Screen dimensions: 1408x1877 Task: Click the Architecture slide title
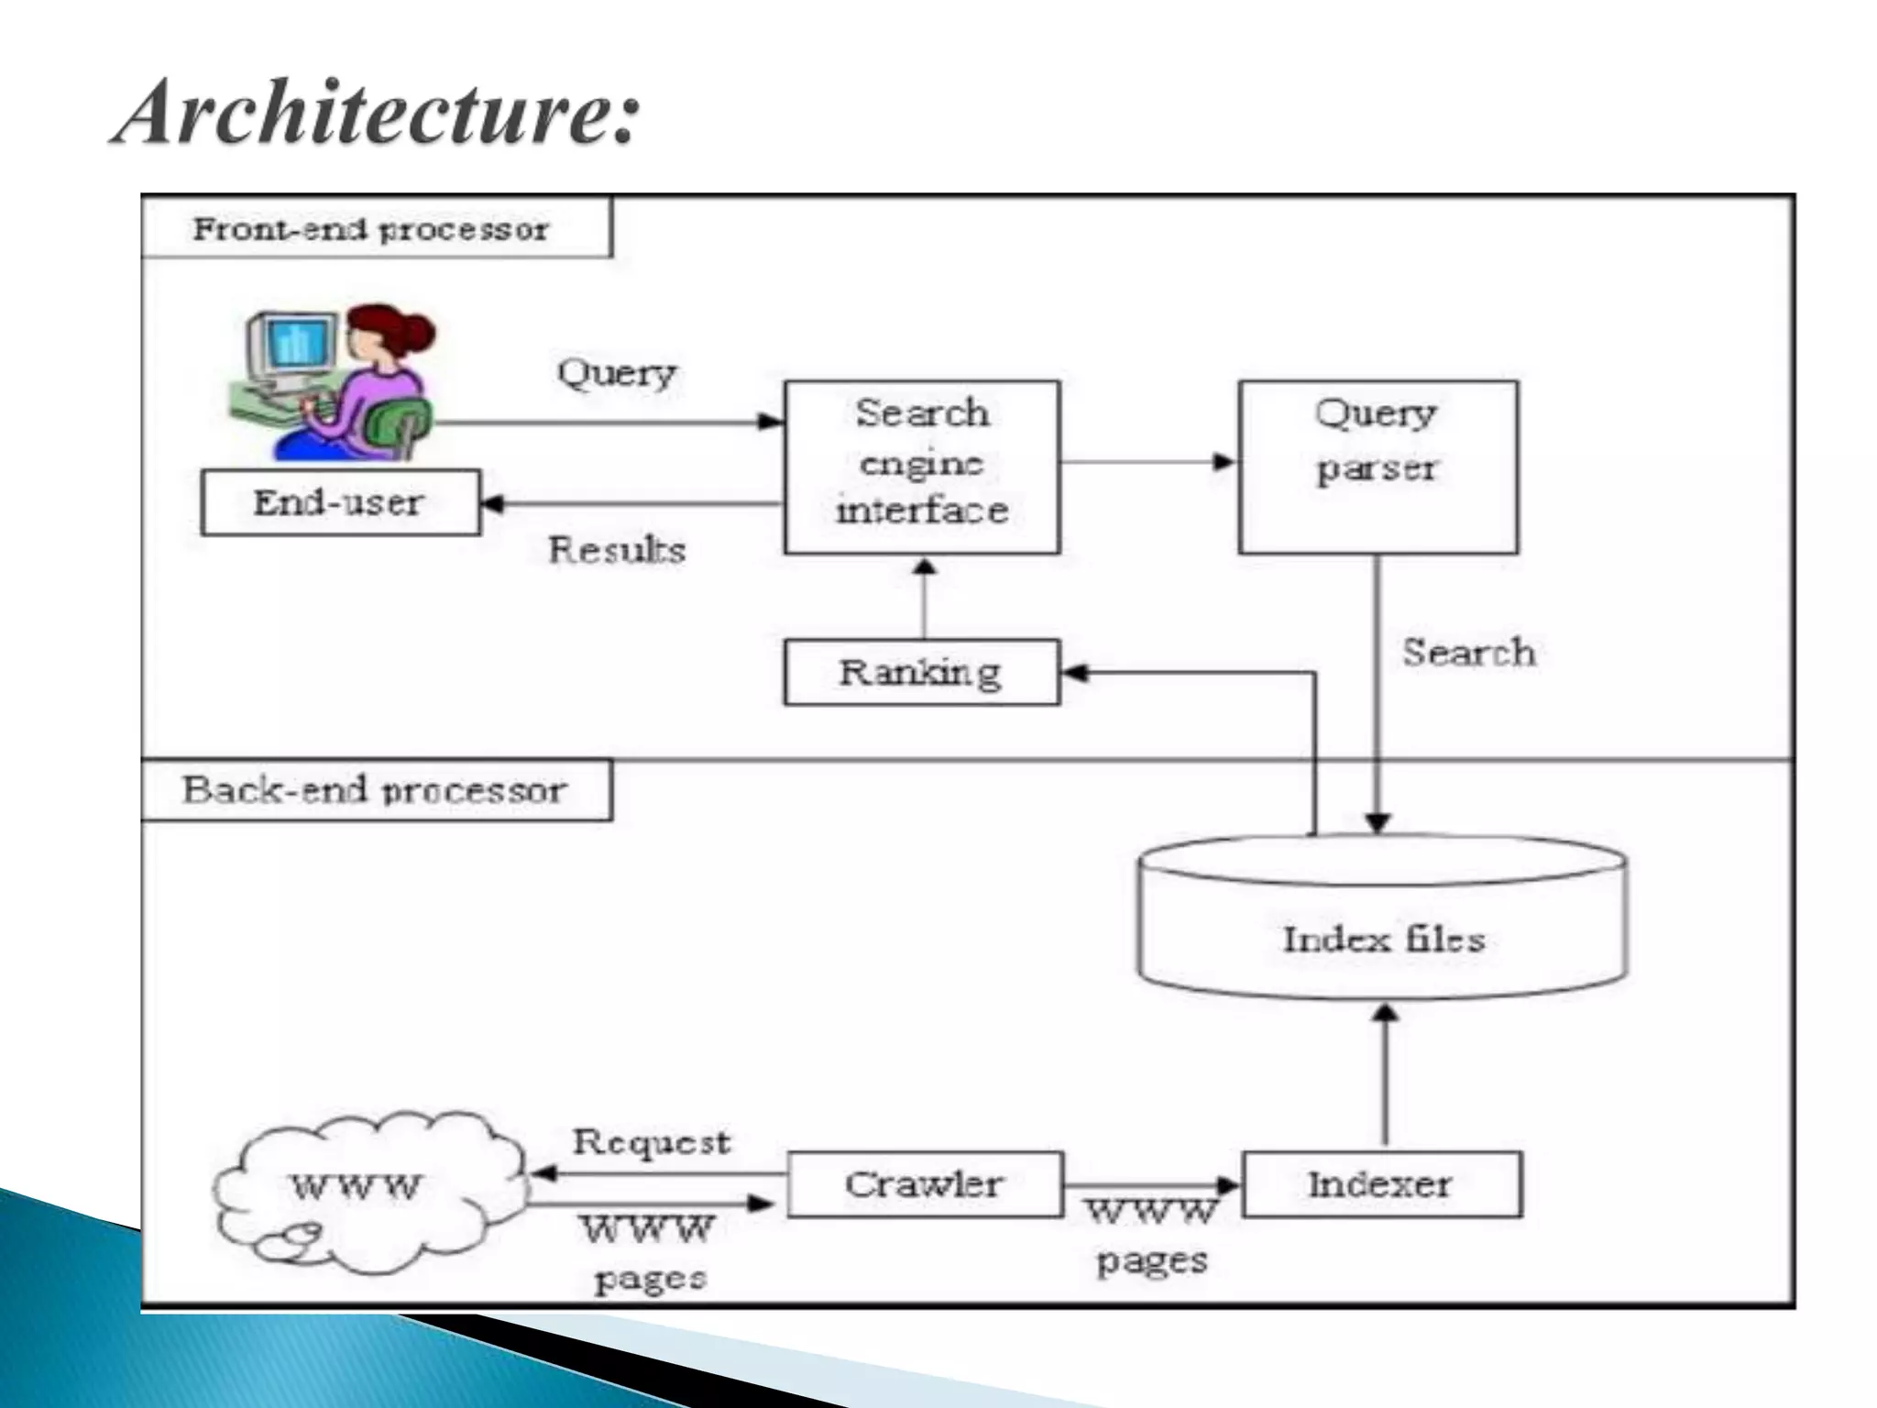(376, 112)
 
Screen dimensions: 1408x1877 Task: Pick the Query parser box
(1378, 467)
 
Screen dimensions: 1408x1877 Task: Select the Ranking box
(922, 672)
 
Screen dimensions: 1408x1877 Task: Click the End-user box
(340, 502)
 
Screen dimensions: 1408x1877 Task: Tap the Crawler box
(924, 1183)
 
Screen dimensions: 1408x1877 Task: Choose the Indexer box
(1381, 1183)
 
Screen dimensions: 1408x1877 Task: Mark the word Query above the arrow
(617, 372)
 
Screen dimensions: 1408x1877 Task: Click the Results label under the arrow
(617, 549)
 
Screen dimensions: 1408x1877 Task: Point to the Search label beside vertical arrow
(1468, 653)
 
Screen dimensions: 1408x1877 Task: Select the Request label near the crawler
(652, 1142)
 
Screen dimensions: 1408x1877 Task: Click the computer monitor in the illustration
(291, 346)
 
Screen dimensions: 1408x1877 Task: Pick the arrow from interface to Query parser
(1148, 461)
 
